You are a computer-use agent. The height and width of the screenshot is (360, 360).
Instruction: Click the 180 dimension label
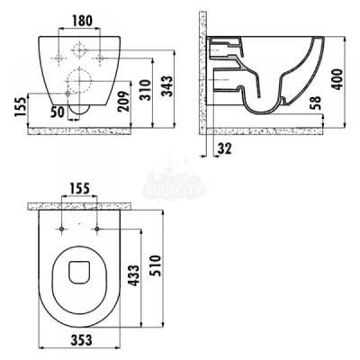83,21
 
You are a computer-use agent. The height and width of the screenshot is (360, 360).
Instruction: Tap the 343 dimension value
167,86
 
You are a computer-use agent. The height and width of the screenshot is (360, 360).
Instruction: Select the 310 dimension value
146,90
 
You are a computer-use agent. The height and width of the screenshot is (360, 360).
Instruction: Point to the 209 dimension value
125,101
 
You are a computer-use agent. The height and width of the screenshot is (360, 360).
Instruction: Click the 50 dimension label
57,112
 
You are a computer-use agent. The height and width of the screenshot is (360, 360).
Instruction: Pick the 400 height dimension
337,79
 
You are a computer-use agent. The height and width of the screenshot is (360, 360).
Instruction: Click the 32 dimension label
224,148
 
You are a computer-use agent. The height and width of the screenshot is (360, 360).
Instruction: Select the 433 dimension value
134,275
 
